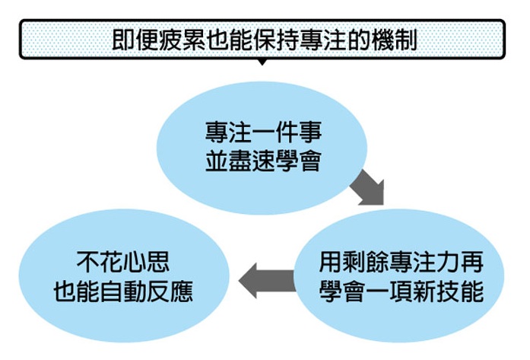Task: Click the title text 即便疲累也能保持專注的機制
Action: (264, 40)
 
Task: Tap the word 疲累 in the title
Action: (182, 40)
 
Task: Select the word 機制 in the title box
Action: (394, 40)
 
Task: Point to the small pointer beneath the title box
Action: (262, 62)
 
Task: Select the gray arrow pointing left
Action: (267, 281)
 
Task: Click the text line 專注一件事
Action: (264, 132)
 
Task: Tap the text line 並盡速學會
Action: (263, 161)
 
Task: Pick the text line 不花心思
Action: (123, 262)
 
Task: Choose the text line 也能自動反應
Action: (123, 291)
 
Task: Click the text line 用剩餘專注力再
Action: (401, 262)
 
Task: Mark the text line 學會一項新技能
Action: (401, 291)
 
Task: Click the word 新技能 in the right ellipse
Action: (448, 291)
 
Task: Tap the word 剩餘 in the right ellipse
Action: (366, 262)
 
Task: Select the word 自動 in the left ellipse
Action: (123, 291)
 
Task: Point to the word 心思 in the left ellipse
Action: (147, 262)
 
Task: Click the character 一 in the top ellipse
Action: (264, 132)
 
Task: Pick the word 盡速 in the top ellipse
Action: (252, 161)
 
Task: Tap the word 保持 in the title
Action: (275, 40)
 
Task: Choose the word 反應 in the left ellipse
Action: (170, 291)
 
